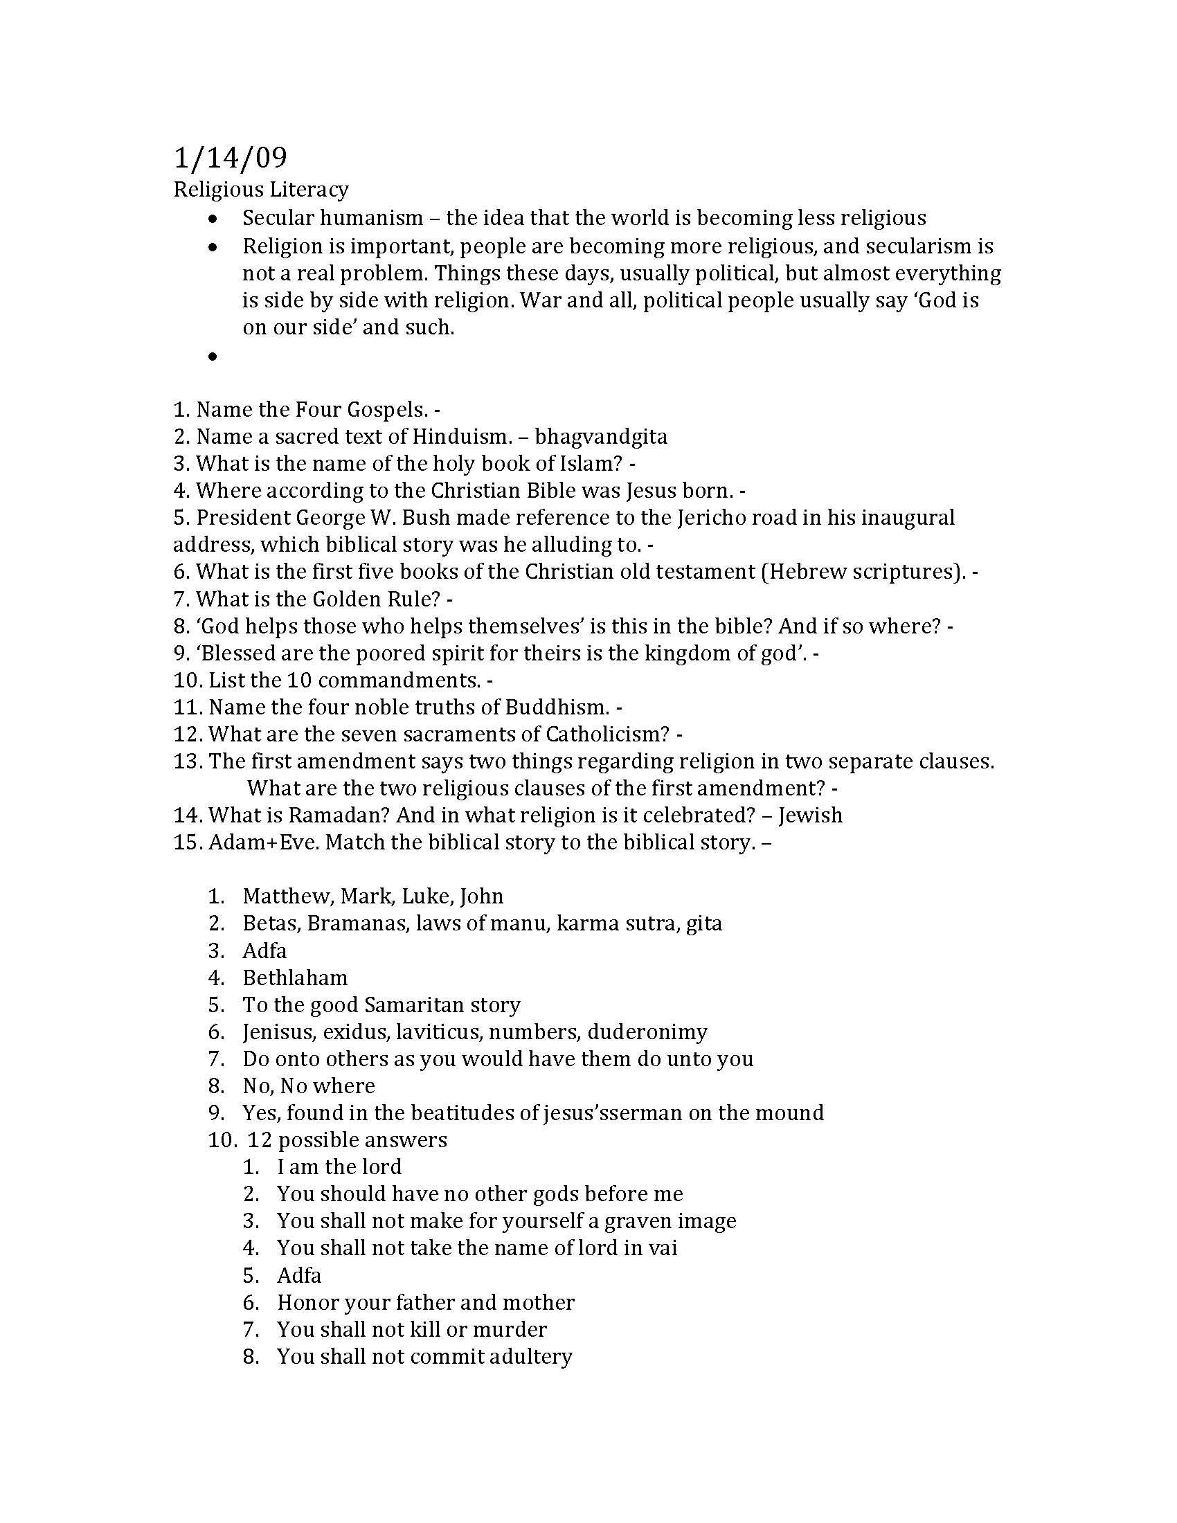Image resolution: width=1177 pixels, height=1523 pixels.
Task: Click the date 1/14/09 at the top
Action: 229,159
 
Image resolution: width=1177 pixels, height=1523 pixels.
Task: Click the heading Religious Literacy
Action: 261,189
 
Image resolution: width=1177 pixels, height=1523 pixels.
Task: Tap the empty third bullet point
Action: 212,357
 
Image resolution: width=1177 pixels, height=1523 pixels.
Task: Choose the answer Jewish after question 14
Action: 810,815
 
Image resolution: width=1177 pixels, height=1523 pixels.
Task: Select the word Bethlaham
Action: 295,977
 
